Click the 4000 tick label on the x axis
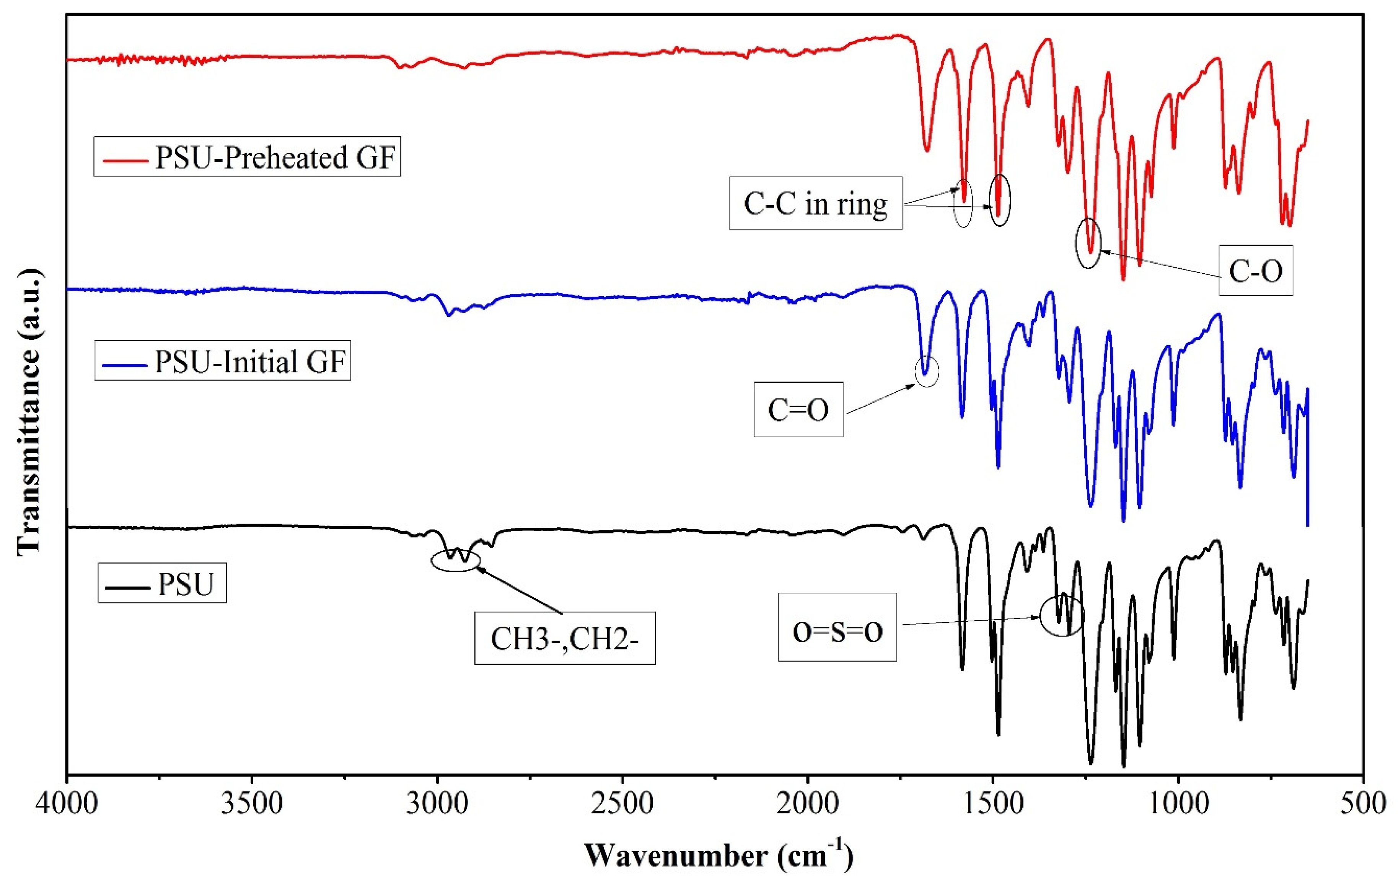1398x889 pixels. pos(67,804)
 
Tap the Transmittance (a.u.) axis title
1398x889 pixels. pos(29,412)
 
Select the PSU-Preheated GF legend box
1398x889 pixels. pos(247,157)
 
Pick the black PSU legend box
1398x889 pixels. pos(162,583)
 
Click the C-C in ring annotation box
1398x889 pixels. pos(816,203)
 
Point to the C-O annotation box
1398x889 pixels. pos(1255,271)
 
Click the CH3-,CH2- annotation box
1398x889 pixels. pos(564,638)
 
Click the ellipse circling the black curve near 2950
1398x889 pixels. pos(456,560)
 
